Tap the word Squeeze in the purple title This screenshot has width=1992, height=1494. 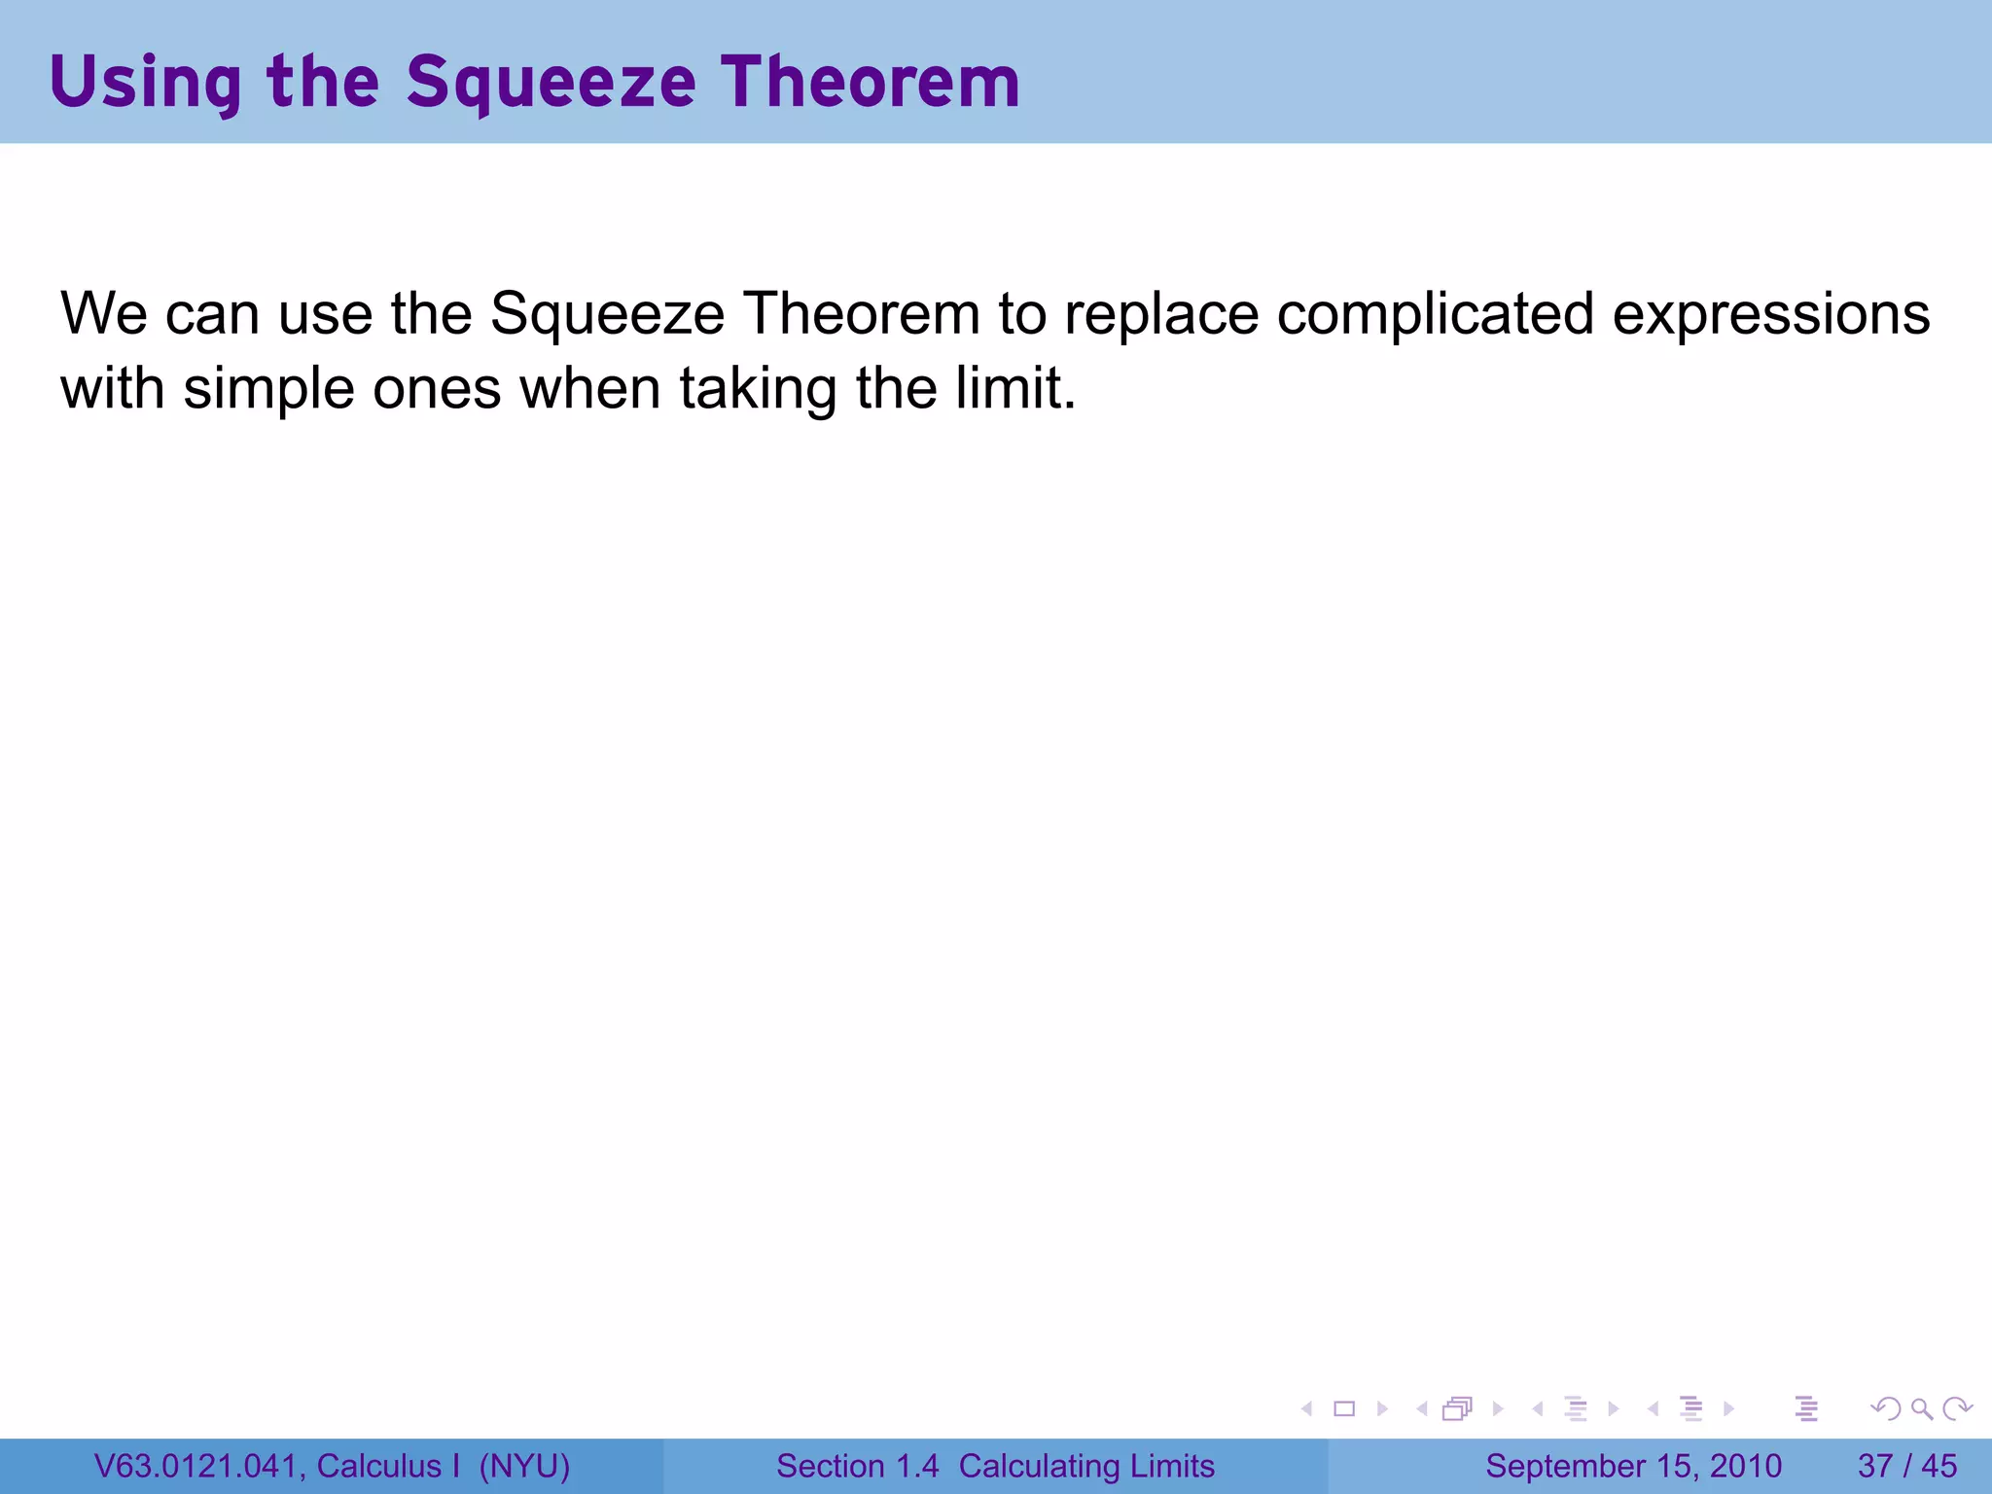click(x=551, y=82)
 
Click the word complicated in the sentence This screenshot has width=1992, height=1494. click(x=1435, y=314)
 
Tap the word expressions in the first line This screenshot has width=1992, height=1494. click(x=1771, y=314)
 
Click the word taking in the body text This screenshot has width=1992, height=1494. click(x=758, y=389)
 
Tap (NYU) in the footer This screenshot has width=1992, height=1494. click(x=524, y=1466)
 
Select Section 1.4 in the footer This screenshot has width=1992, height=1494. click(x=857, y=1466)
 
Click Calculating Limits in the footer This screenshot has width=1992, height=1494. click(x=1086, y=1466)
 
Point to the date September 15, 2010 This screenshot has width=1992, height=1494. click(x=1633, y=1466)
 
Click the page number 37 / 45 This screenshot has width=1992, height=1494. click(x=1906, y=1466)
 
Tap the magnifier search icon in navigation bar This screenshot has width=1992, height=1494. click(x=1921, y=1408)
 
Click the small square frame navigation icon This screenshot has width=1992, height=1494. click(x=1344, y=1408)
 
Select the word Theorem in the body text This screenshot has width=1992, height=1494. click(x=861, y=314)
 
